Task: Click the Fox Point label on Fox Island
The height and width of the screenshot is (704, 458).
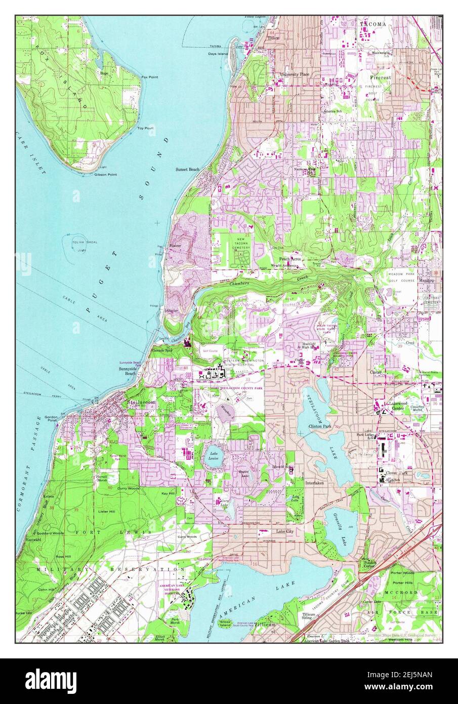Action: click(149, 77)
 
